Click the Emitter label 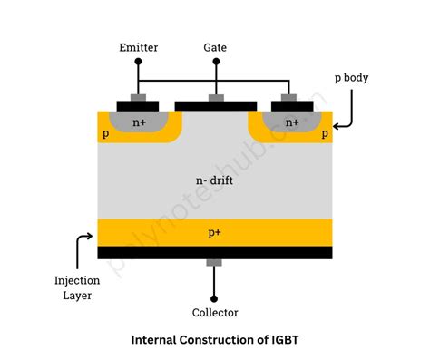tap(139, 45)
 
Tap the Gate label tap(215, 45)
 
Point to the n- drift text tap(214, 180)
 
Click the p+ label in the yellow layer tap(214, 233)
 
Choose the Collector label tap(215, 313)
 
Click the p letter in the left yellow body tap(104, 134)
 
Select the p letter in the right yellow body tap(325, 134)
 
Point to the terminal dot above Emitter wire tap(139, 62)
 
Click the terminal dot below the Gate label tap(215, 62)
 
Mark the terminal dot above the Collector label tap(215, 297)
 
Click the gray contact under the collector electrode tap(215, 263)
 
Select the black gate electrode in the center tap(215, 105)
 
